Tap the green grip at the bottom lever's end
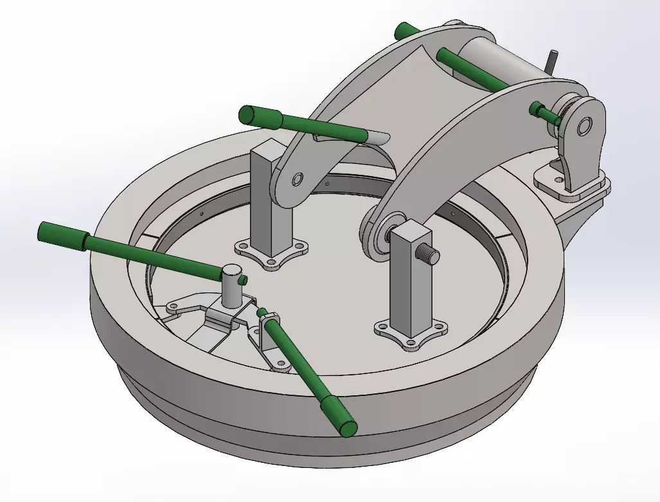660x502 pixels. coord(339,417)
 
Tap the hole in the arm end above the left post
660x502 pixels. coord(298,178)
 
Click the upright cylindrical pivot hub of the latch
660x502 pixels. coord(230,286)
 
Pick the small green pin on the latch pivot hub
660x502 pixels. coord(242,280)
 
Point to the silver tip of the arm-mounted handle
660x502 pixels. coord(379,136)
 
